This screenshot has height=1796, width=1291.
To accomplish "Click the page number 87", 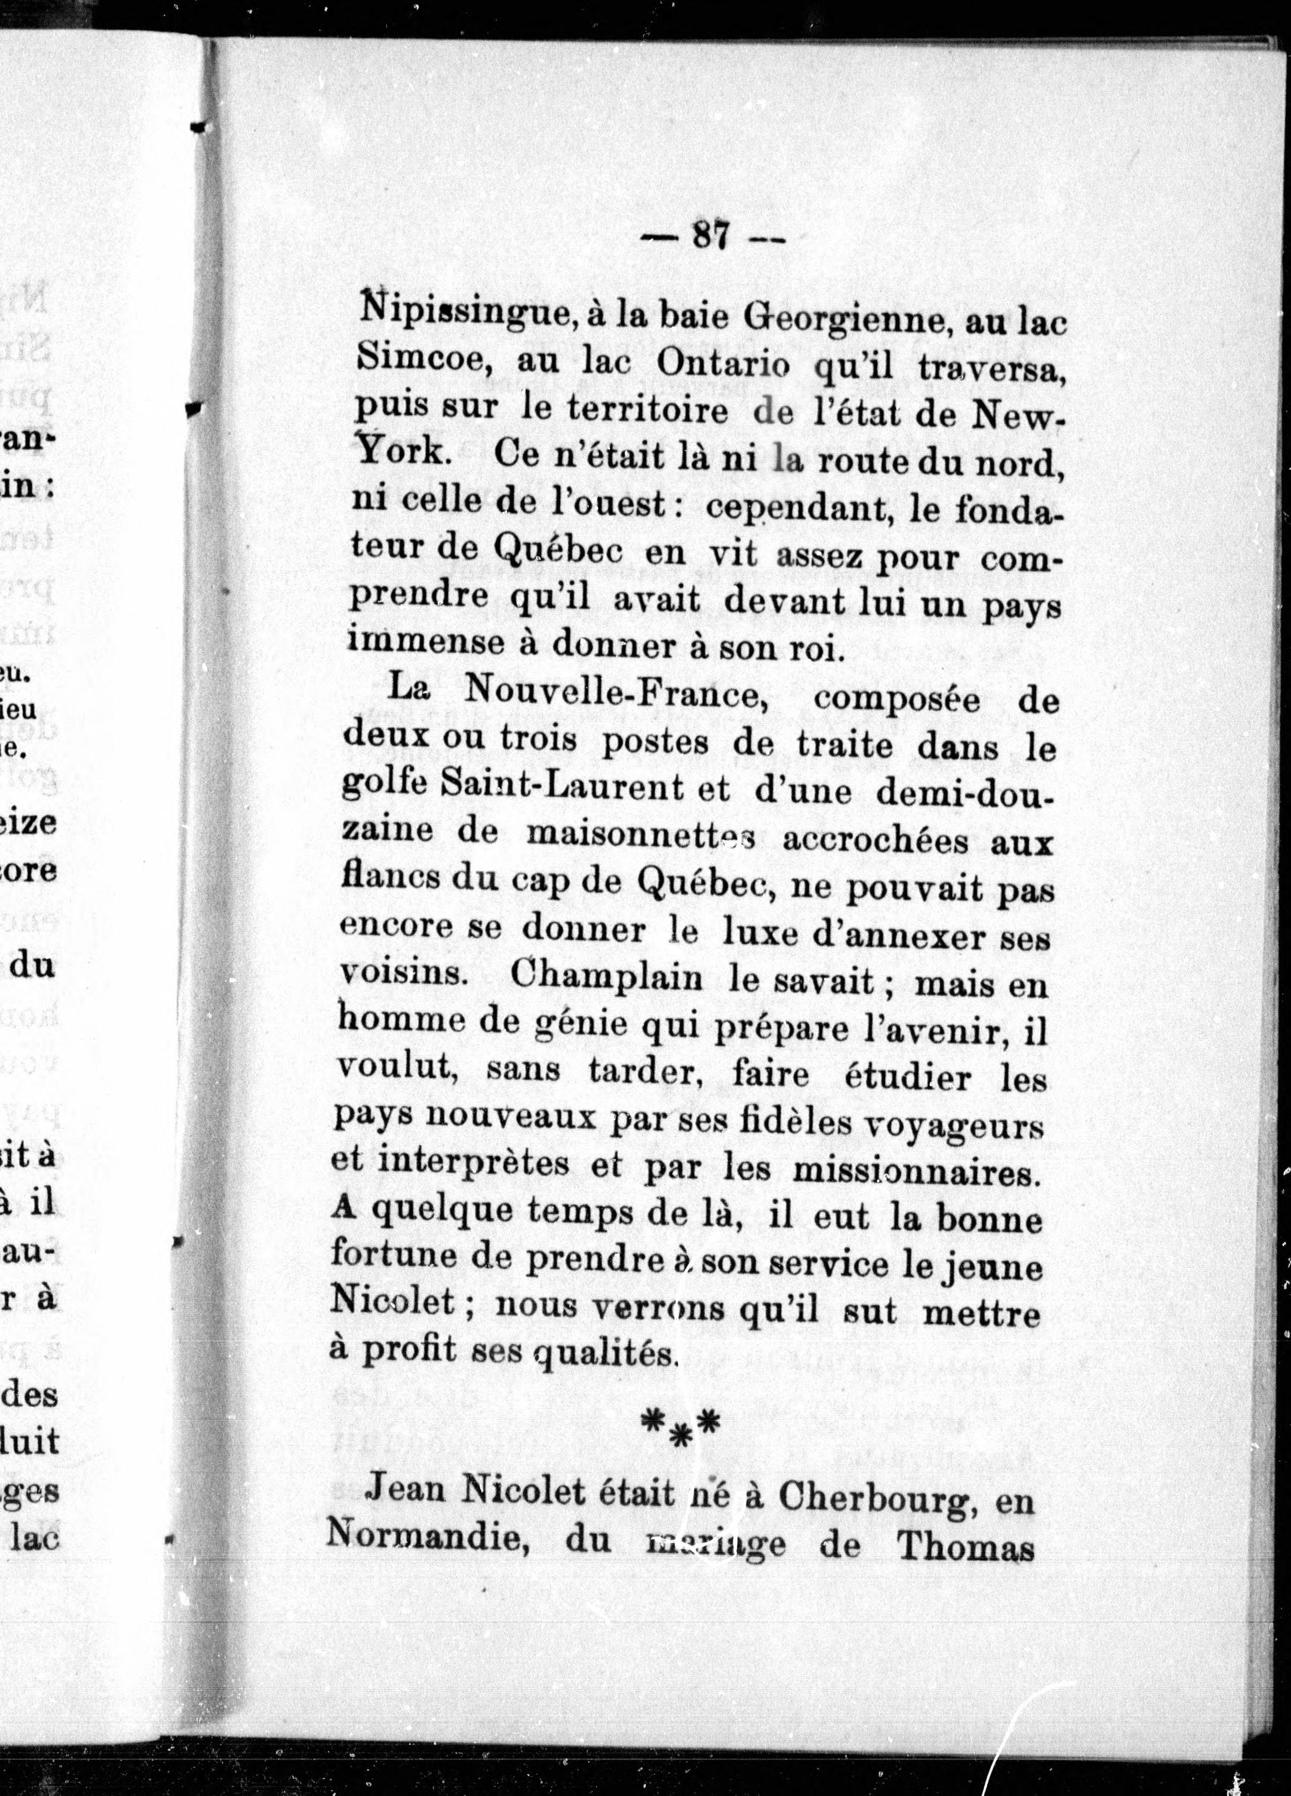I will pyautogui.click(x=710, y=236).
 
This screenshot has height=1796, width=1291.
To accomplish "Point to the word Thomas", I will pyautogui.click(x=966, y=1547).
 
